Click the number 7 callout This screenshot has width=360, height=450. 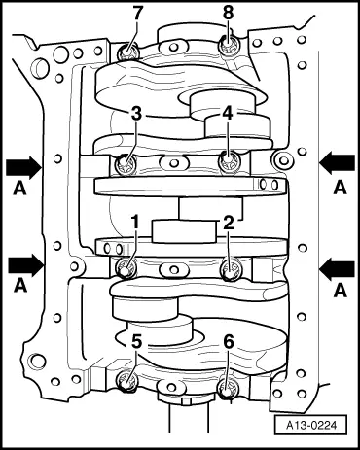pos(136,15)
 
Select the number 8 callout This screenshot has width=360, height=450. pos(229,15)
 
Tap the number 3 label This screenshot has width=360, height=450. pos(137,114)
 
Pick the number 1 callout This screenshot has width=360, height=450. pos(137,224)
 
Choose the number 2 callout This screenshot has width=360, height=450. pos(228,224)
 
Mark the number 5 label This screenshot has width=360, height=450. pos(137,341)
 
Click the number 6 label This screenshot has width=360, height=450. pos(229,341)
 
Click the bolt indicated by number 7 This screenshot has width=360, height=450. pos(126,53)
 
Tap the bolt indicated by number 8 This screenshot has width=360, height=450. pos(228,44)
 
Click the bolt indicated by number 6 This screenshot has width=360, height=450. pos(230,391)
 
